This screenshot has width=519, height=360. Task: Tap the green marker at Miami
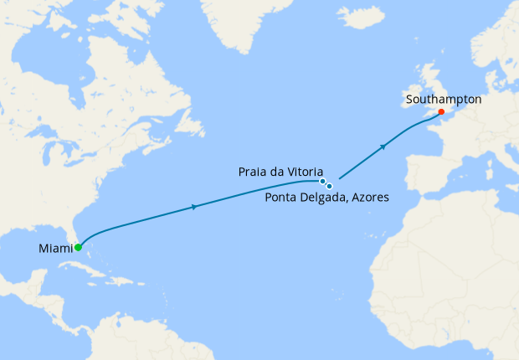click(x=78, y=248)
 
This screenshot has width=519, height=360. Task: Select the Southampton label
click(x=443, y=99)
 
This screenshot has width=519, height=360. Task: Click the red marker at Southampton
click(x=441, y=111)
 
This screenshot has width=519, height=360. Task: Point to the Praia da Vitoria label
click(x=280, y=171)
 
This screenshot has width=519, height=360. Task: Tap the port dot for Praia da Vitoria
click(x=322, y=181)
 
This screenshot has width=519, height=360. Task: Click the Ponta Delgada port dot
click(x=330, y=186)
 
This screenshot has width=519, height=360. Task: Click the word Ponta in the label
click(x=282, y=198)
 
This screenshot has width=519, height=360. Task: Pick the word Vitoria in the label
click(x=303, y=171)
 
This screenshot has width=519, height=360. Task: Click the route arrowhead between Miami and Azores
click(x=195, y=207)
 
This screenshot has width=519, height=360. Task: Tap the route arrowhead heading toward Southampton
click(x=383, y=147)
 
